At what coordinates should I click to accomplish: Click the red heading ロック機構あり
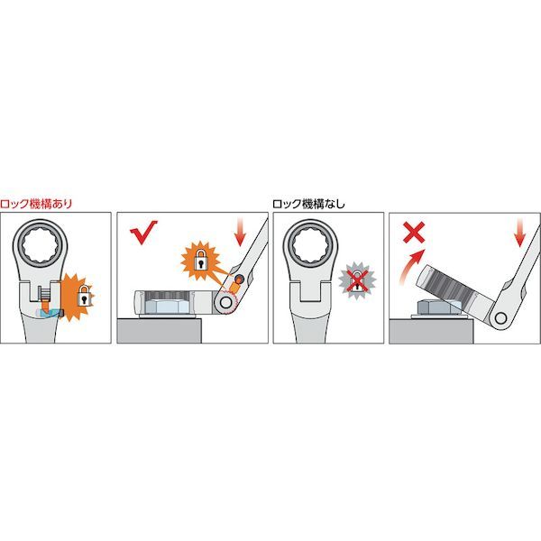(x=36, y=204)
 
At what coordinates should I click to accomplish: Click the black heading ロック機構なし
(x=308, y=204)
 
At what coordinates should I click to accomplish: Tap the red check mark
(x=143, y=232)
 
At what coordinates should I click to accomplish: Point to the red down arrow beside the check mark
(x=240, y=233)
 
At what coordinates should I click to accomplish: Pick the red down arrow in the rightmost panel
(x=519, y=234)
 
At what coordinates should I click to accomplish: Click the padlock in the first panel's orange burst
(x=84, y=295)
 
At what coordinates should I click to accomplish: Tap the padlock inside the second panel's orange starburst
(x=201, y=260)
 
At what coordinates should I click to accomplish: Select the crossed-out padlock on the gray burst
(x=357, y=280)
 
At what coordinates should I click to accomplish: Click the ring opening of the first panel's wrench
(x=40, y=246)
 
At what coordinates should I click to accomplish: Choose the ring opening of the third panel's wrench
(x=310, y=246)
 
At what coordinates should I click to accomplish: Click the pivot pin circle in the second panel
(x=225, y=303)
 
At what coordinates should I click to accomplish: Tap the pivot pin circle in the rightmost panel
(x=500, y=318)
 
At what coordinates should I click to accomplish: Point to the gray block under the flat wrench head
(x=159, y=331)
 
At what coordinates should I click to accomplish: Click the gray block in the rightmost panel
(x=431, y=331)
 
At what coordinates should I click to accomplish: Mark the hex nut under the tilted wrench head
(x=438, y=307)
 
